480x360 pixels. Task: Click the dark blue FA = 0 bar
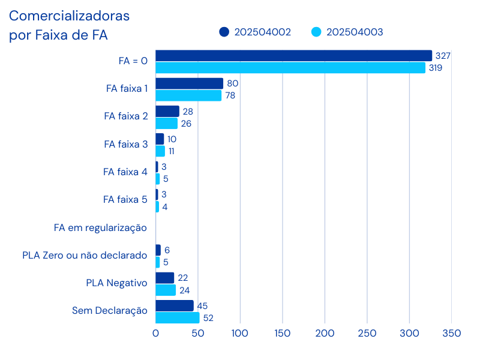(x=294, y=56)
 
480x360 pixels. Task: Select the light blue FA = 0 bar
(x=290, y=68)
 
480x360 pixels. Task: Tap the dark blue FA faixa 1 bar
(x=190, y=83)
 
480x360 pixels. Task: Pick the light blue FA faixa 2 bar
(x=167, y=124)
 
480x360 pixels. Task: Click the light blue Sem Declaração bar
(x=178, y=318)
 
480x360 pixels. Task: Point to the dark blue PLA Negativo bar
(x=165, y=278)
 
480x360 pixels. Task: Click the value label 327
(x=443, y=56)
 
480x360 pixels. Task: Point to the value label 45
(x=202, y=306)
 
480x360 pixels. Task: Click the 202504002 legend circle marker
(x=224, y=32)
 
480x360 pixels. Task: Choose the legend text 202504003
(x=355, y=32)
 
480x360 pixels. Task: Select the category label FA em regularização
(x=101, y=227)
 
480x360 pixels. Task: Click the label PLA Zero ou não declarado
(x=85, y=256)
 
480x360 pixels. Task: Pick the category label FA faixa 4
(x=125, y=172)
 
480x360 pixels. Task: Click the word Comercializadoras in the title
(x=69, y=16)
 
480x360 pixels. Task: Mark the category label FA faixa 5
(x=125, y=200)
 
